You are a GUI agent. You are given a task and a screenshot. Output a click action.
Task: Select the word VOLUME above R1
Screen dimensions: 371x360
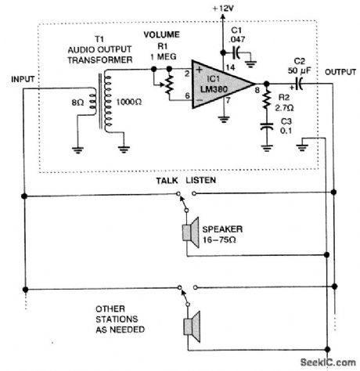[x=161, y=35]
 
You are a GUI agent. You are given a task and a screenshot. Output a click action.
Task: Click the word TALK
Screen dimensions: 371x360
[x=166, y=180]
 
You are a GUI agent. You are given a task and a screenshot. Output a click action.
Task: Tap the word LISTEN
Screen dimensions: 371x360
[x=200, y=180]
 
